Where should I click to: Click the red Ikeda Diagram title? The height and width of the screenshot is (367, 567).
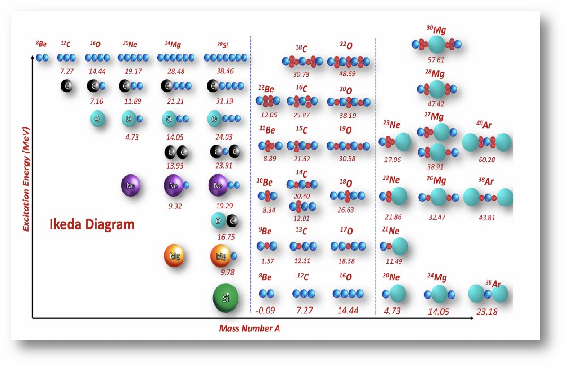92,224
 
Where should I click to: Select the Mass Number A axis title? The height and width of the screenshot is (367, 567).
249,328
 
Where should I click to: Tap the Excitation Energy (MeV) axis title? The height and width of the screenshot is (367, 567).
26,179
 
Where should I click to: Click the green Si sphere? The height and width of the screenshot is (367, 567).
226,298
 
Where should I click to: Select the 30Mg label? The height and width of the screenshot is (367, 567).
436,30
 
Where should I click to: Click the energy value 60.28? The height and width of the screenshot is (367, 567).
487,160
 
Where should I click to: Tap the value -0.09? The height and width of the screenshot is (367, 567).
265,311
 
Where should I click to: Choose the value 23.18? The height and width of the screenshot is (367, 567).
487,312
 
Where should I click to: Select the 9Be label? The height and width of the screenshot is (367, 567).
265,231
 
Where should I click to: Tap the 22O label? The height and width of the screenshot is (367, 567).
346,45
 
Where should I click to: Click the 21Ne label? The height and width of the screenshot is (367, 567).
391,231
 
